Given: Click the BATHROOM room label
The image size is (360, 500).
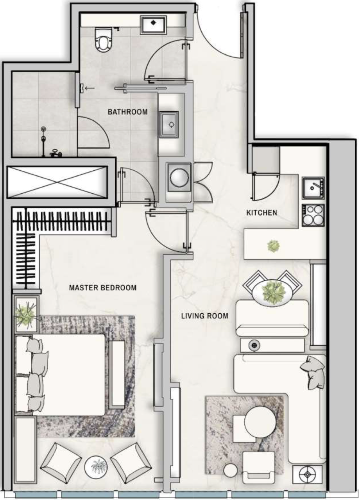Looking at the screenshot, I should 128,112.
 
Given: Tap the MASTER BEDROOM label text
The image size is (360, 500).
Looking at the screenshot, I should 103,288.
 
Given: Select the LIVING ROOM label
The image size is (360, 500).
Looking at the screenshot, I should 204,316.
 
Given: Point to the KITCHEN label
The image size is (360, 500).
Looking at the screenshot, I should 261,213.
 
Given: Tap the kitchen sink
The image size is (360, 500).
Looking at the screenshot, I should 313,188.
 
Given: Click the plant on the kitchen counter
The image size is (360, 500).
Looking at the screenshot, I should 273,246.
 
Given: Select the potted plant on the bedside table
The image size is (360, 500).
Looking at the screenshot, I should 26,314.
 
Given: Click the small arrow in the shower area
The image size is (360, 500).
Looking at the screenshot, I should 90,88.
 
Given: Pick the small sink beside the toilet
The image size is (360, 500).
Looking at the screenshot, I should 153,24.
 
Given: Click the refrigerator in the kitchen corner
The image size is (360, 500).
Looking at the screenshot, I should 266,159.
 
